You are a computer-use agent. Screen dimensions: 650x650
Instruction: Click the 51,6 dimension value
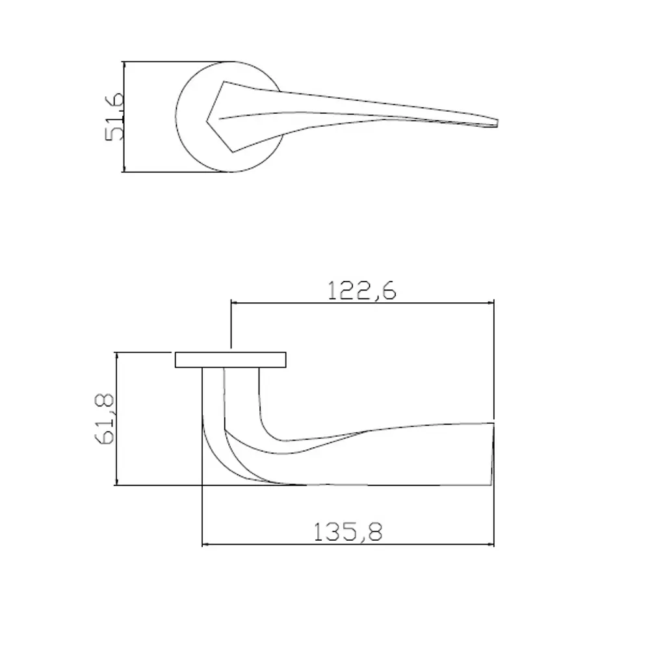coord(114,116)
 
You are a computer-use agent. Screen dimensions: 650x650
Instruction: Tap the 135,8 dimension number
coord(348,532)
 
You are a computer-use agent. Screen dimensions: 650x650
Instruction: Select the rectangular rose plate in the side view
coord(231,359)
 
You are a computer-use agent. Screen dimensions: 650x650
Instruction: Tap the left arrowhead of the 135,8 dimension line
coord(206,544)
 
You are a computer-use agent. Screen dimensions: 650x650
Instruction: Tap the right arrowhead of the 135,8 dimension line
coord(491,544)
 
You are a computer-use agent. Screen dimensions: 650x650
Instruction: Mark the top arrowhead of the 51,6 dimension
coord(123,65)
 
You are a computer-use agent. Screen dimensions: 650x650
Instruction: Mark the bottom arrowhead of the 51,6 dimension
coord(123,169)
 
